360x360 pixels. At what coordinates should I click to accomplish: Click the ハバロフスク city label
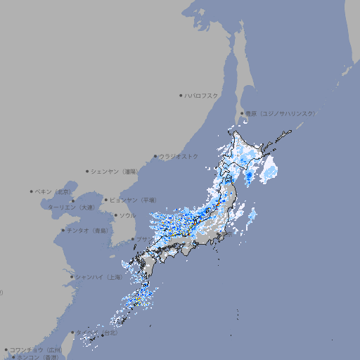[201, 95]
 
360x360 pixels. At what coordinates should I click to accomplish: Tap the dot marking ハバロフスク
[181, 95]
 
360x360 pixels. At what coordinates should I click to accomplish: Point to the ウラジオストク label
[179, 156]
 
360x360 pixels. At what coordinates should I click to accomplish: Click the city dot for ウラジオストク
[155, 156]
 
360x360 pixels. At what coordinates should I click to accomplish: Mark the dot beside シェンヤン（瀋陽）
[88, 171]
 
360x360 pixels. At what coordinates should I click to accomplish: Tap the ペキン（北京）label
[53, 191]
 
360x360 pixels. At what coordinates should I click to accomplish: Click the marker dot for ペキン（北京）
[32, 191]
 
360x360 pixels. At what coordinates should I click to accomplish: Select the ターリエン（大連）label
[71, 207]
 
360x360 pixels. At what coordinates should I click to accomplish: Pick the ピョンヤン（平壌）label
[133, 200]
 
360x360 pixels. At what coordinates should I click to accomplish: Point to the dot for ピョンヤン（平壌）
[106, 200]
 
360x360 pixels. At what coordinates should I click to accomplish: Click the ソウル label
[127, 215]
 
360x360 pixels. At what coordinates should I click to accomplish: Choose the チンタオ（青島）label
[88, 230]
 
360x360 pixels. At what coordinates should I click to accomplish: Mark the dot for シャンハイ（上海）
[72, 277]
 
